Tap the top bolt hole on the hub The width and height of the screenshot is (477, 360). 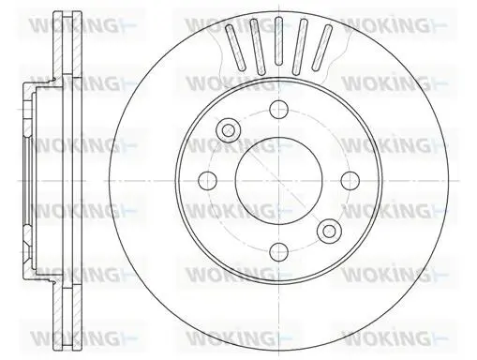(278, 110)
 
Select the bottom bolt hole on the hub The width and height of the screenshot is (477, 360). (278, 251)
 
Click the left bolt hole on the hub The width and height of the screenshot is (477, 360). (208, 181)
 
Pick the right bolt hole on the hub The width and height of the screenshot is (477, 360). (350, 181)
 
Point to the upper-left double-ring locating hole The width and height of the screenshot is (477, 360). (229, 130)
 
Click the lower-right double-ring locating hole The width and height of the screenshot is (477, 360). (329, 231)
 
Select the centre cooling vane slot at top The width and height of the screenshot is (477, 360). (278, 41)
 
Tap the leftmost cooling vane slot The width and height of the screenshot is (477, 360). (235, 47)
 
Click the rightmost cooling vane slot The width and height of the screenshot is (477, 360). (322, 47)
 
